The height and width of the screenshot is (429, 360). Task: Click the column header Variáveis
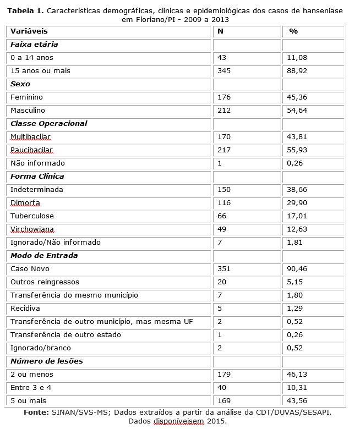click(x=29, y=31)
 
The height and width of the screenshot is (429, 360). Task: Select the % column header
click(x=293, y=31)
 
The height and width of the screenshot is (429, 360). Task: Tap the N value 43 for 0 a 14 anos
click(x=222, y=58)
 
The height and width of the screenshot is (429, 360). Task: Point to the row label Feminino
click(x=26, y=97)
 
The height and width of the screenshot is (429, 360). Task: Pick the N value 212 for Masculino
click(x=224, y=111)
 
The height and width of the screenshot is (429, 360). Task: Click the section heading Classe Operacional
click(x=48, y=124)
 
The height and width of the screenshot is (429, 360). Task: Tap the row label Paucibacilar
click(x=31, y=150)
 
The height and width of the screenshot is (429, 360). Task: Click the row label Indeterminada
click(x=36, y=190)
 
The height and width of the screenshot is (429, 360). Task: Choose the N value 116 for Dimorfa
click(x=224, y=203)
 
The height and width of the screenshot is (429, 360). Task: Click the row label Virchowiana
click(x=32, y=229)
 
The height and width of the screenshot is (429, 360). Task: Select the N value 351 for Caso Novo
click(x=224, y=269)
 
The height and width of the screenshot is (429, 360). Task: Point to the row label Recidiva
click(x=25, y=309)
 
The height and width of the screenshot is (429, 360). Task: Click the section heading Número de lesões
click(x=43, y=361)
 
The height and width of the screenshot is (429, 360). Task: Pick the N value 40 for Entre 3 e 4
click(x=222, y=388)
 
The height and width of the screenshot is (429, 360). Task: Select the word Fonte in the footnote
click(x=36, y=412)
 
